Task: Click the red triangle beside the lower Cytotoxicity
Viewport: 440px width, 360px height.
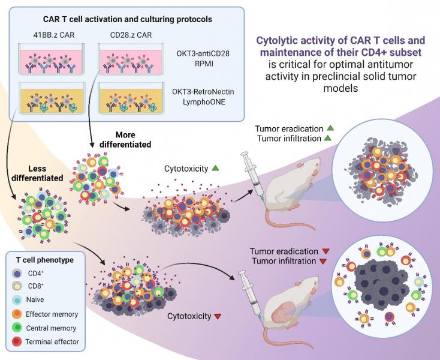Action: [218, 316]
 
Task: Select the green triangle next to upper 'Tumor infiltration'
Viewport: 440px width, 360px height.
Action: [327, 139]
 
